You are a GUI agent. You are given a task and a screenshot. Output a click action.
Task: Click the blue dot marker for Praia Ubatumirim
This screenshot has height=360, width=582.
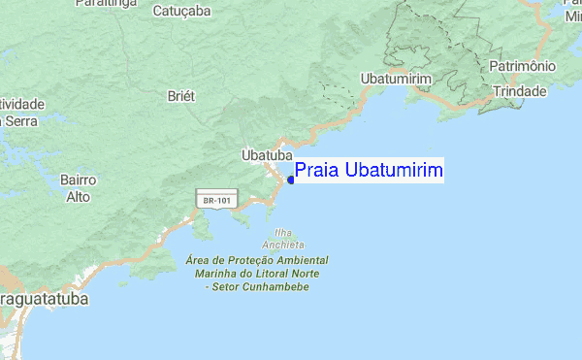pyautogui.click(x=291, y=180)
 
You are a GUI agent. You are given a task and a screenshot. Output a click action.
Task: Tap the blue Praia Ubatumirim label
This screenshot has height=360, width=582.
pyautogui.click(x=369, y=171)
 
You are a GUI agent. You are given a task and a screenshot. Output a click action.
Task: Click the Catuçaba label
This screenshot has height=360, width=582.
pyautogui.click(x=181, y=12)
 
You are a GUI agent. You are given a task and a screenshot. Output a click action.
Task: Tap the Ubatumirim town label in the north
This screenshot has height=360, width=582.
pyautogui.click(x=393, y=78)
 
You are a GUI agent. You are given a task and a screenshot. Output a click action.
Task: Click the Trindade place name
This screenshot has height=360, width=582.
pyautogui.click(x=520, y=90)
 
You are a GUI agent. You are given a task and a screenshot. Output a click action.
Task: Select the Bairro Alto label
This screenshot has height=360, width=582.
pyautogui.click(x=78, y=188)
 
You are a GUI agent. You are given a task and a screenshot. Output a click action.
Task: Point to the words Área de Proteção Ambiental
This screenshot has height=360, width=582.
pyautogui.click(x=256, y=260)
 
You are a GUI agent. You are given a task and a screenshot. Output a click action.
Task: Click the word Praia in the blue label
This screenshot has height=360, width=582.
pyautogui.click(x=313, y=171)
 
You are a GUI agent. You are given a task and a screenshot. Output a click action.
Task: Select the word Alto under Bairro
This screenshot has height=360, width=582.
pyautogui.click(x=78, y=197)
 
